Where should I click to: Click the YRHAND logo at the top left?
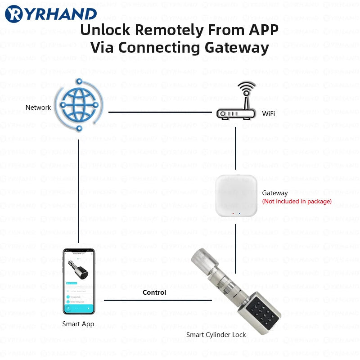pyautogui.click(x=50, y=14)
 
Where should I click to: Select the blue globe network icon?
pyautogui.click(x=79, y=105)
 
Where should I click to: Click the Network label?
pyautogui.click(x=38, y=108)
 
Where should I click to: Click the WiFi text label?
pyautogui.click(x=269, y=114)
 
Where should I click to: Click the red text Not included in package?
pyautogui.click(x=297, y=201)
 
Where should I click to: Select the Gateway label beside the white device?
pyautogui.click(x=275, y=193)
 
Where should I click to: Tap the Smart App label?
pyautogui.click(x=78, y=324)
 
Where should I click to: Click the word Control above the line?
pyautogui.click(x=154, y=292)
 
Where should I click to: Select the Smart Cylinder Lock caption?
pyautogui.click(x=216, y=335)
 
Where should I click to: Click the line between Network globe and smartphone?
pyautogui.click(x=79, y=189)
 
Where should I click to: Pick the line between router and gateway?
pyautogui.click(x=236, y=148)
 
